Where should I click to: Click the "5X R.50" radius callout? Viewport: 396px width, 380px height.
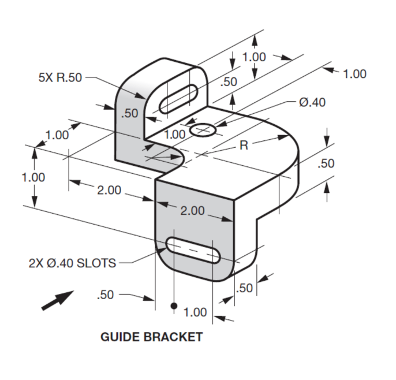click(60, 78)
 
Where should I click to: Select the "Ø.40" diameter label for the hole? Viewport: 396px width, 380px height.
click(312, 102)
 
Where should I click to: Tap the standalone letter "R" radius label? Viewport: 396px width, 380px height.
click(244, 145)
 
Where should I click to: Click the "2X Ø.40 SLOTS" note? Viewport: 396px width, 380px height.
click(72, 263)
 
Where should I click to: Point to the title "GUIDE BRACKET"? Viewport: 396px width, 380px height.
click(152, 337)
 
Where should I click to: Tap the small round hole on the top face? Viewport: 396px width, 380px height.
click(203, 131)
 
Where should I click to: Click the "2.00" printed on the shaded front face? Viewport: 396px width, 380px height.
click(192, 211)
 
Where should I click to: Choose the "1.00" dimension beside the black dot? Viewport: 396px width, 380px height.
click(195, 312)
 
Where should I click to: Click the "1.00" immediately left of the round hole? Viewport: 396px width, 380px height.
click(175, 133)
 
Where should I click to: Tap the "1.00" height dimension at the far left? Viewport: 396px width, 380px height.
click(33, 177)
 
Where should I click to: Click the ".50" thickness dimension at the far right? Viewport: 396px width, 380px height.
click(326, 163)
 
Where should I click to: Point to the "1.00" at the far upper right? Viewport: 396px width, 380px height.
click(354, 74)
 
